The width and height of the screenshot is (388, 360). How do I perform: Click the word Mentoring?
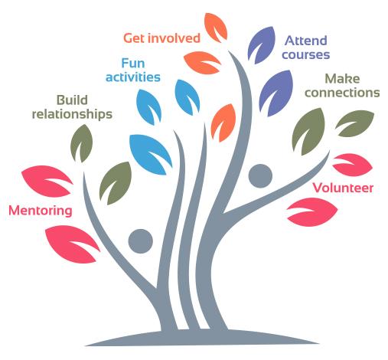pos(41,211)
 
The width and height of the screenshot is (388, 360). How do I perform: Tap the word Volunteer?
pos(343,188)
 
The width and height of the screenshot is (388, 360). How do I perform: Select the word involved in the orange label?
pos(174,38)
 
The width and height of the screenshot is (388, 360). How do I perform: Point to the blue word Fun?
pos(133,63)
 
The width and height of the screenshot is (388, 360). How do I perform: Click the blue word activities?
pos(133,77)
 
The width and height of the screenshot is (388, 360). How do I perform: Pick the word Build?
pos(72,100)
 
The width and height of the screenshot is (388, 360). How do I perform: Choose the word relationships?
pos(72,114)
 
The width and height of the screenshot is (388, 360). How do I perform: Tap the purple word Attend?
pos(306,41)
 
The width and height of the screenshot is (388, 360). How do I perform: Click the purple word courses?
pos(306,55)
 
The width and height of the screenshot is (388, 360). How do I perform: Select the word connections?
pos(342,93)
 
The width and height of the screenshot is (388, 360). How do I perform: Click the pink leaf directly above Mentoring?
pos(46,181)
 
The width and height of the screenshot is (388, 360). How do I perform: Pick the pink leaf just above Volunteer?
pos(353,165)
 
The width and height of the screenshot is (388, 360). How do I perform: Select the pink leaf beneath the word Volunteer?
pos(312,211)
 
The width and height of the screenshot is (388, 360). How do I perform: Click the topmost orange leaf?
pos(216,28)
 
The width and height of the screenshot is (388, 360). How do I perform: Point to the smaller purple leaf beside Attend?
pos(261,45)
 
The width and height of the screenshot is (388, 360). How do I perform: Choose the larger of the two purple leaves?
pos(276,93)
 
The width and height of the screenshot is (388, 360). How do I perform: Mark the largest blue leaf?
pos(150,154)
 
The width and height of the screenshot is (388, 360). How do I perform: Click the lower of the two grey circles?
pos(141,241)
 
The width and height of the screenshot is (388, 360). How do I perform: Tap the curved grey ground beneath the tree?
pos(201,338)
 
